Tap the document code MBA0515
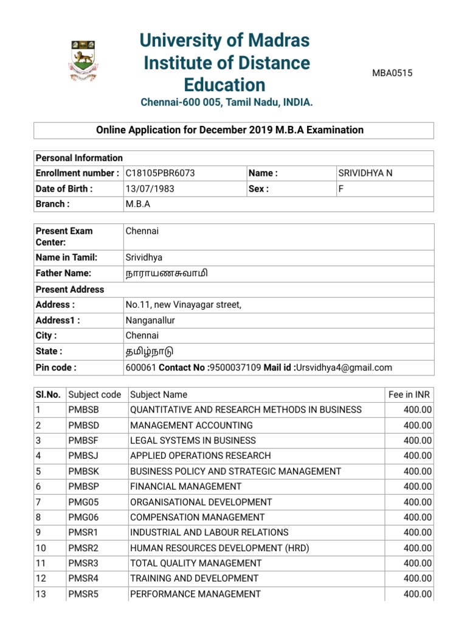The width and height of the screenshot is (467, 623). point(392,74)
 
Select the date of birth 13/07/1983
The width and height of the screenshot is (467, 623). point(150,189)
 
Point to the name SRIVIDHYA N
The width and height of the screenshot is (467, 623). point(365,173)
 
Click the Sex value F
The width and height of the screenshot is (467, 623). point(341,189)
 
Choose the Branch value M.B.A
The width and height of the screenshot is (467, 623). point(138,204)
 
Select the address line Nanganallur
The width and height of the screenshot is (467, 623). point(150,321)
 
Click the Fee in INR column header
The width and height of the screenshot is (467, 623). point(410,395)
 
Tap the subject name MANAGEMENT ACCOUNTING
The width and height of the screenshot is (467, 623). point(192,425)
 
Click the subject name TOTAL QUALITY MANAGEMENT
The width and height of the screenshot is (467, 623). point(196,563)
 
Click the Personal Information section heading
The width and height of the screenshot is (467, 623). point(79,158)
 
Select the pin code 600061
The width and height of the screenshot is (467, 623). point(140,367)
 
